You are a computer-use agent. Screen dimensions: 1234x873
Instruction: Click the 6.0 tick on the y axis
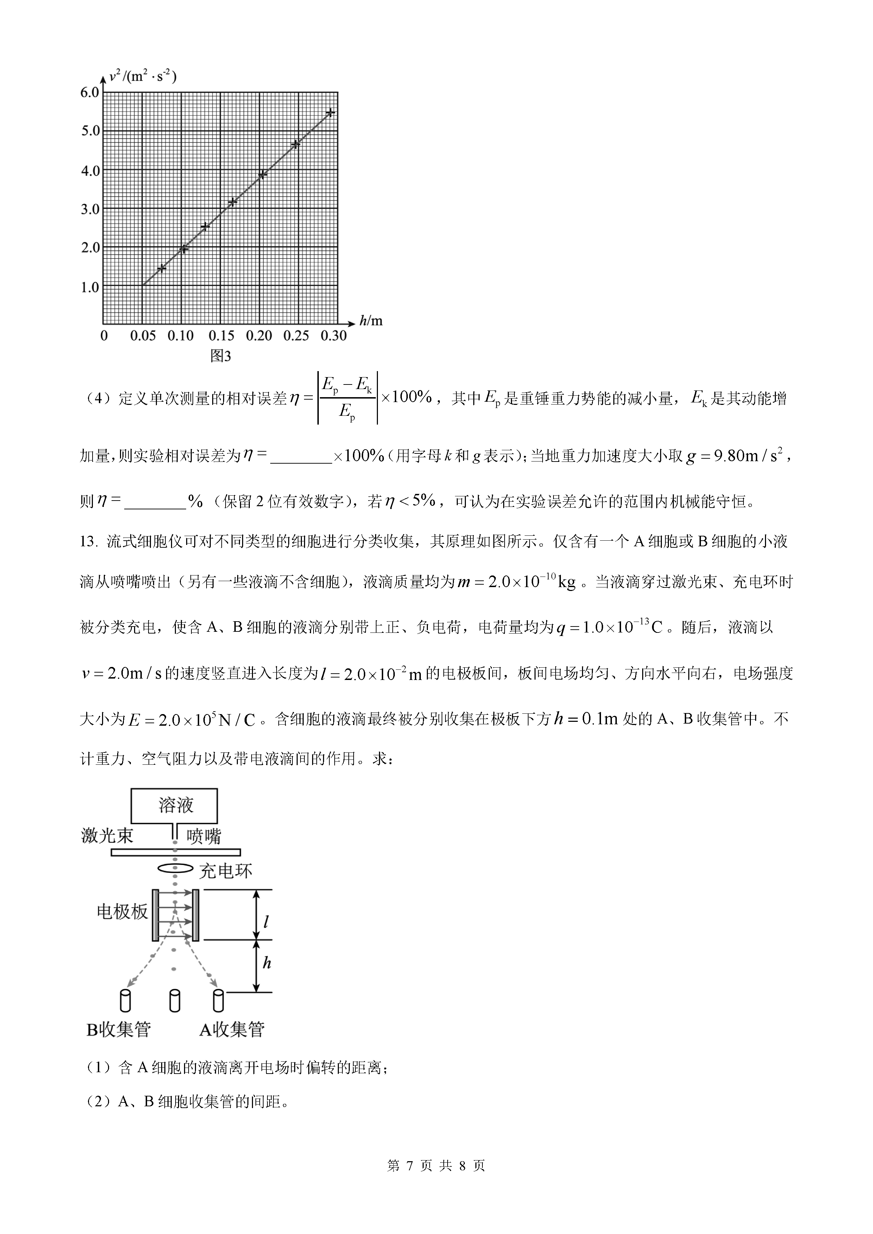[90, 93]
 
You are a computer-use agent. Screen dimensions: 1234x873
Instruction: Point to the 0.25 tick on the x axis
[296, 336]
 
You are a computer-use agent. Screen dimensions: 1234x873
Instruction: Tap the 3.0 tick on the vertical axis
[90, 209]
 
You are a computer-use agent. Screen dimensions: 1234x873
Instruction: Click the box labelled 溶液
[175, 806]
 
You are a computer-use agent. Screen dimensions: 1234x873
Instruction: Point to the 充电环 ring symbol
[175, 869]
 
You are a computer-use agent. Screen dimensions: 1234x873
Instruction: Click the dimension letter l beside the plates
[266, 922]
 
